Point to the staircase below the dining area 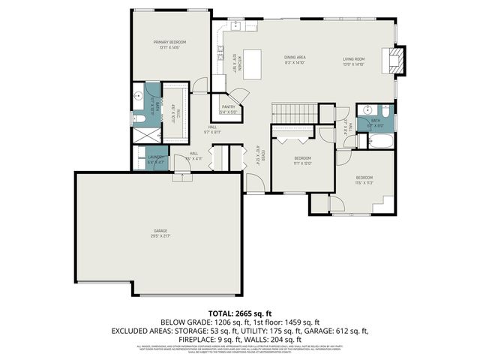coord(288,112)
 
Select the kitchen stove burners coord(221,52)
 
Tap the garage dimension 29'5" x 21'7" coord(160,236)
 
